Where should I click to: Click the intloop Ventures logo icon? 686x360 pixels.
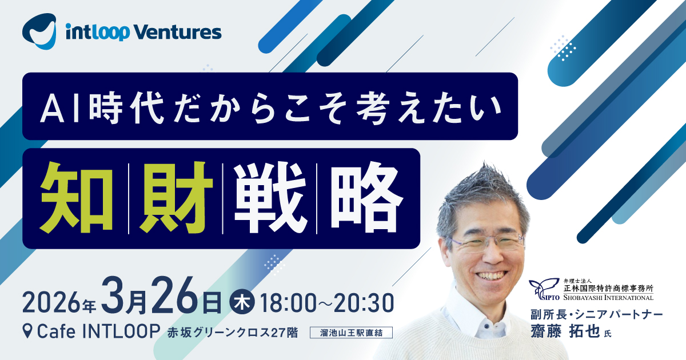coord(39,31)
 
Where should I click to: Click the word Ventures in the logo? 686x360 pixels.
coord(178,32)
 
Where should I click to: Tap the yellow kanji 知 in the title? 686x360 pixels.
coord(77,198)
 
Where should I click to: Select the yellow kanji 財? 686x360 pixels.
coord(176,198)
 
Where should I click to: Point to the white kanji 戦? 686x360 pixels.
coord(270,198)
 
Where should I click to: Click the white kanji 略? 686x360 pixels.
coord(366,198)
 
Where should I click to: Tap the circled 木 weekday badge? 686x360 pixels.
coord(242,302)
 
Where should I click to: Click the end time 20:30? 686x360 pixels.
coord(364,303)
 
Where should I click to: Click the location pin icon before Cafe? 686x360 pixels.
coord(27,331)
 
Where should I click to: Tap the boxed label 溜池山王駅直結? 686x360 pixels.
coord(351,333)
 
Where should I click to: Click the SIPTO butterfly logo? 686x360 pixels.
coord(544,289)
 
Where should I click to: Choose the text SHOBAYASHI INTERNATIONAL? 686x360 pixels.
coord(608,297)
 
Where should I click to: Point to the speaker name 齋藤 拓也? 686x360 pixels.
coord(565,332)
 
